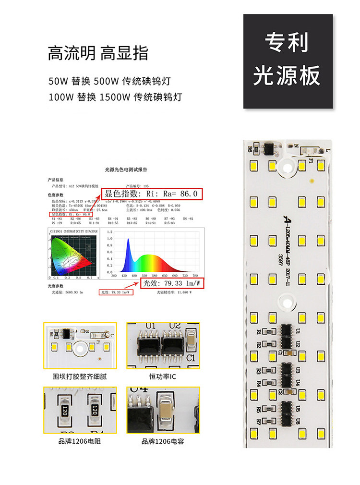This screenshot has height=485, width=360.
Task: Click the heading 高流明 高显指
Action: [x=98, y=53]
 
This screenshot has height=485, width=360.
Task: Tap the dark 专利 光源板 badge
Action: [x=288, y=61]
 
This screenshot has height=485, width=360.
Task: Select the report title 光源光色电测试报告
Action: [x=126, y=170]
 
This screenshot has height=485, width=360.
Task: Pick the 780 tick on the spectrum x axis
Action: [x=195, y=276]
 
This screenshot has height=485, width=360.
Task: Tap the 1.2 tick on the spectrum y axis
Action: [x=109, y=232]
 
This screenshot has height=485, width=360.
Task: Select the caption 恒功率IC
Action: [x=163, y=376]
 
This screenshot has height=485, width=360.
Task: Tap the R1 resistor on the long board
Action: [x=259, y=331]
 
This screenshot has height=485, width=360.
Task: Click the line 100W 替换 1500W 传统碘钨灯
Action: [x=115, y=97]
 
